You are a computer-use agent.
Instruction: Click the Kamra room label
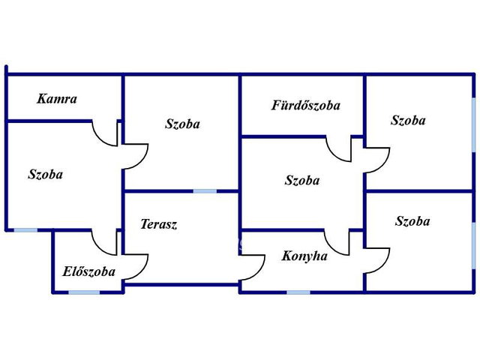tap(57, 99)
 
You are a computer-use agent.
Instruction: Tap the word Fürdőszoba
tap(306, 105)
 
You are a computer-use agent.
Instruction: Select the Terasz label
tap(159, 224)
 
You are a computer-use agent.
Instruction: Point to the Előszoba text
tap(89, 271)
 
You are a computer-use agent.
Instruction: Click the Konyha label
tap(304, 256)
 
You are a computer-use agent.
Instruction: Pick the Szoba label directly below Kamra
tap(46, 174)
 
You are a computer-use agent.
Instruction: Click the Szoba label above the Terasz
tap(183, 124)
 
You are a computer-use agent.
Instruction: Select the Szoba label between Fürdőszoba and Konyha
tap(302, 180)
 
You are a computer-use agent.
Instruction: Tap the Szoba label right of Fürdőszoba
tap(408, 120)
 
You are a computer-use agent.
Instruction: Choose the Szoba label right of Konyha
tap(412, 221)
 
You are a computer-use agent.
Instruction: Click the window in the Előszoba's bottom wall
tap(84, 292)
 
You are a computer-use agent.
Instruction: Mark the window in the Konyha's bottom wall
tap(298, 292)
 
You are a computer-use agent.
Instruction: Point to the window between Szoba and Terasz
tap(205, 191)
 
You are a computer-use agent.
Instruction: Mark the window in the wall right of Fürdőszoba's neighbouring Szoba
tap(473, 125)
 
